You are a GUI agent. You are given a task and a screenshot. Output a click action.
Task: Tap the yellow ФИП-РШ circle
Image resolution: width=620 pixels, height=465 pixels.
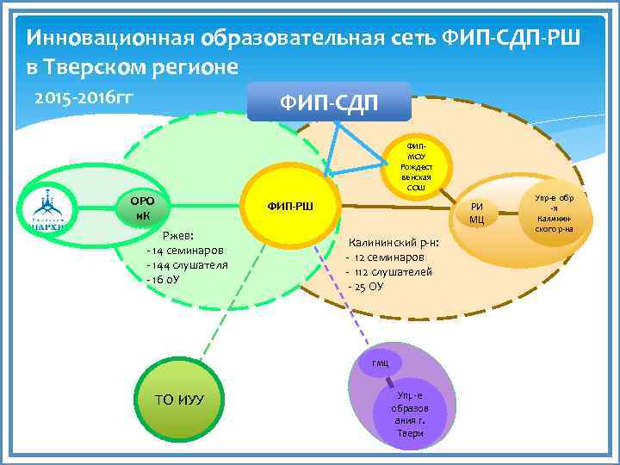[x=289, y=207]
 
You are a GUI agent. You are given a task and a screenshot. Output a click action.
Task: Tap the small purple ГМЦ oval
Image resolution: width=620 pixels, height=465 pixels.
[x=381, y=364]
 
